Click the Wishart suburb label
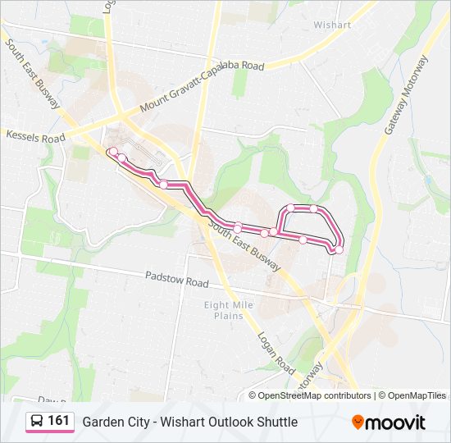point(331,25)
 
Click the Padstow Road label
point(177,281)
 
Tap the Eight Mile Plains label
point(229,310)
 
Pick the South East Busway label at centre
point(245,247)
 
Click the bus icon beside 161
point(38,422)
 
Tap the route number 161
point(59,421)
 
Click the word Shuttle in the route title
point(275,422)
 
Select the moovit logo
point(389,422)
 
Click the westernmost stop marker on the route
point(112,151)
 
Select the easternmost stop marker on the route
point(339,249)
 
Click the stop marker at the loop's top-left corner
point(290,208)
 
